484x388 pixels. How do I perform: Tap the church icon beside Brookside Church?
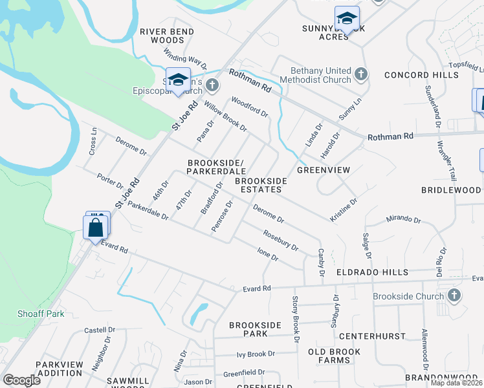[454, 296]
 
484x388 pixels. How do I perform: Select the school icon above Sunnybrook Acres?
[347, 19]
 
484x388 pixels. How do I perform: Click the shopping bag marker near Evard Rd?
[95, 228]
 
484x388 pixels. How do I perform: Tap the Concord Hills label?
[421, 76]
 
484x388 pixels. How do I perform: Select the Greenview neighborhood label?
[324, 170]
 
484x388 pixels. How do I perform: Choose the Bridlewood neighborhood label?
[450, 190]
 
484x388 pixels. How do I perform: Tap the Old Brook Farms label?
[334, 356]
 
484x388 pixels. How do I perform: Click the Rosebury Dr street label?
[280, 240]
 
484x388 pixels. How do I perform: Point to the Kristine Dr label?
[344, 211]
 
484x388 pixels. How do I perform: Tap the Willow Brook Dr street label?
[226, 116]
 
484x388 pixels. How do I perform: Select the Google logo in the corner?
[21, 380]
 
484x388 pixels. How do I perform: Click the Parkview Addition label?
[60, 369]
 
